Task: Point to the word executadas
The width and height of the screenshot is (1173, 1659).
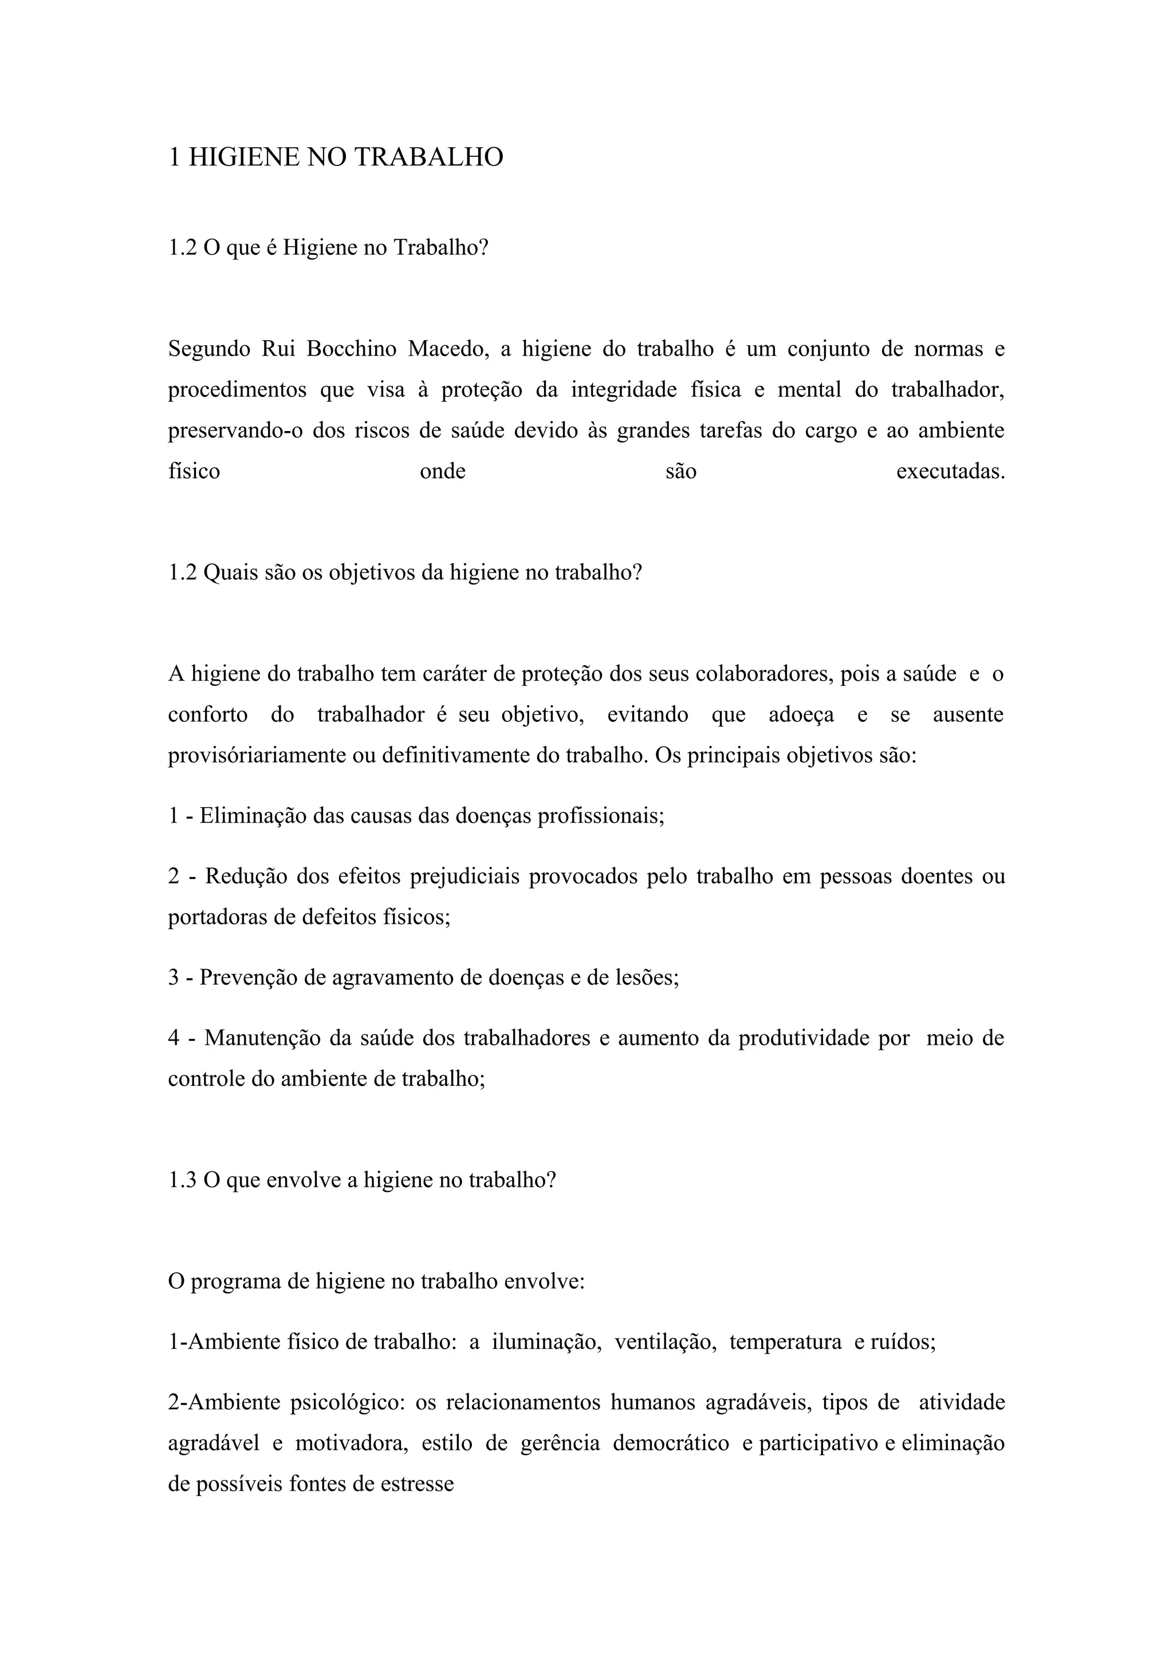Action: pos(950,472)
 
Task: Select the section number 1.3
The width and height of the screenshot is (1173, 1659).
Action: pos(182,1180)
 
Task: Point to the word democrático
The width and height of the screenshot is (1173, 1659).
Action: pos(671,1444)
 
